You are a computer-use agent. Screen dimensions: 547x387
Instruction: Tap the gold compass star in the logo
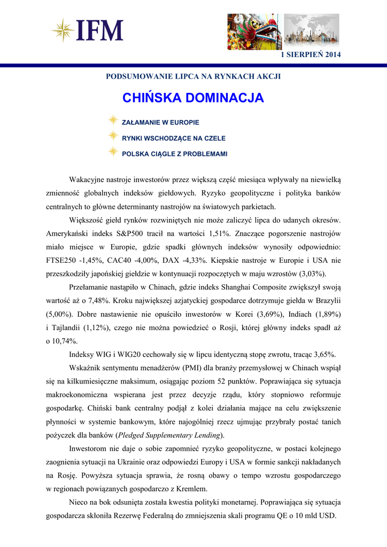point(63,30)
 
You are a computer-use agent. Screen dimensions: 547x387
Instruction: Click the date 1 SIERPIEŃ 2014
point(311,55)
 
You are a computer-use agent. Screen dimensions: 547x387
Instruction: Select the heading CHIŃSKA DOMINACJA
point(193,98)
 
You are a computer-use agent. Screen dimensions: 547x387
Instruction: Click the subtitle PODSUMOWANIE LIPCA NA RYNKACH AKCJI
point(193,76)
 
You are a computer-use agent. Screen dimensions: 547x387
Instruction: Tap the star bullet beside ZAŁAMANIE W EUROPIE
point(113,122)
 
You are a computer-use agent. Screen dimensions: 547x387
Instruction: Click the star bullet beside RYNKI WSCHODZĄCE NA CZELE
point(113,137)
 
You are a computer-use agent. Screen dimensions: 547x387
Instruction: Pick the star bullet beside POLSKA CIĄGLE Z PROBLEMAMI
point(113,153)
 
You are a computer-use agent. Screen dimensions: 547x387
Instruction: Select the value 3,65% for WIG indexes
point(322,354)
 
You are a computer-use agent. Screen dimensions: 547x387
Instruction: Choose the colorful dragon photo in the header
point(254,31)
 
